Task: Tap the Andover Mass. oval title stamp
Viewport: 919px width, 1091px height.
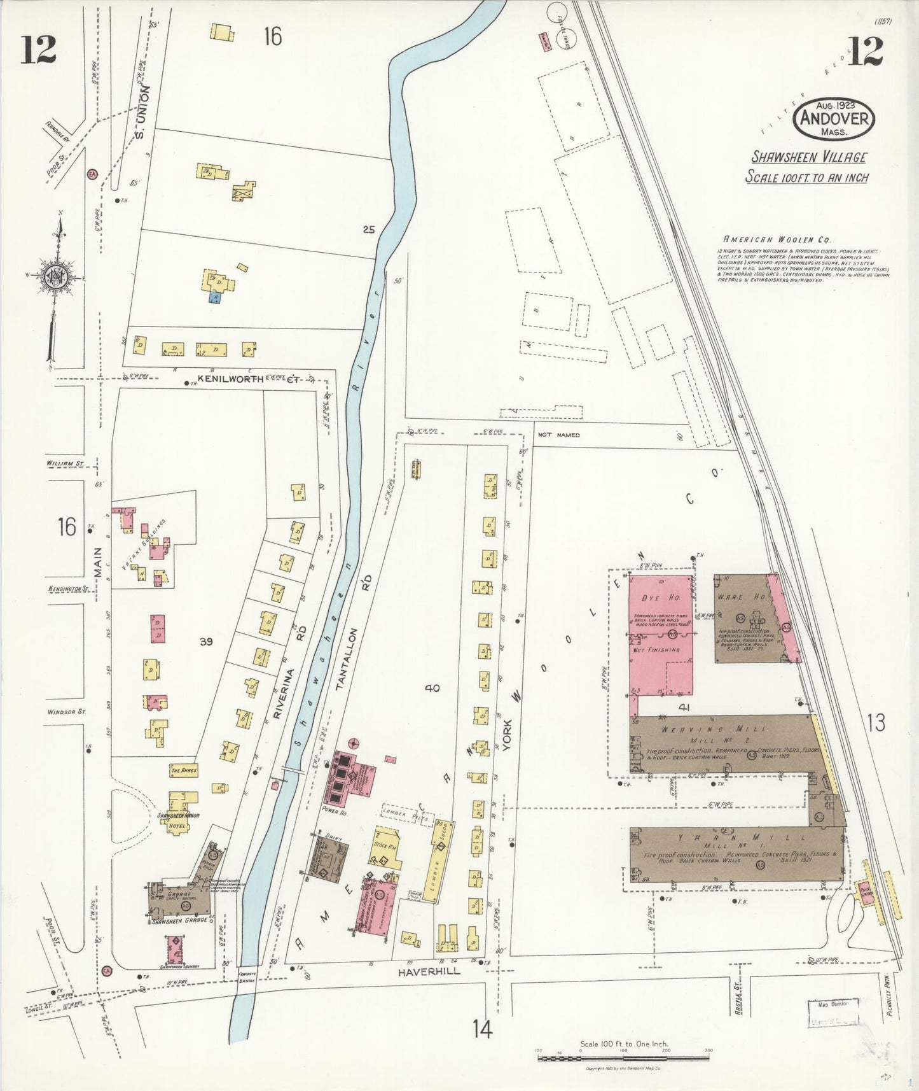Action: (833, 119)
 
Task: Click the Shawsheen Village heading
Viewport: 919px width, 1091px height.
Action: (808, 157)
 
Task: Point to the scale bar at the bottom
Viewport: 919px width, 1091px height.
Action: (623, 1058)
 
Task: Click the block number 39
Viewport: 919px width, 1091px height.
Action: (205, 642)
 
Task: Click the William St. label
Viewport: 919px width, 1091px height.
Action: (65, 464)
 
